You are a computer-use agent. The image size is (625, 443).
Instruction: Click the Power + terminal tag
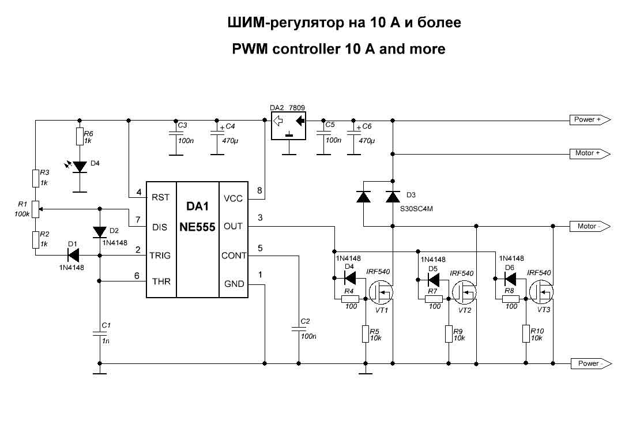coord(589,120)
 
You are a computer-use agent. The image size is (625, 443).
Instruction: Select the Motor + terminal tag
coord(589,154)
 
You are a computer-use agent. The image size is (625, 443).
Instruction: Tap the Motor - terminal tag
coord(589,226)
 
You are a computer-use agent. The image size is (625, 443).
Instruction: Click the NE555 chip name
coord(197,227)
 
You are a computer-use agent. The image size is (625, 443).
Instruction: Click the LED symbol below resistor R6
coord(80,167)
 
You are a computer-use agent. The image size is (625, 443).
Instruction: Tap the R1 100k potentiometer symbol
coord(35,208)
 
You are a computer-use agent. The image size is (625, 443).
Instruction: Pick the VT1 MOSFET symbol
coord(381,293)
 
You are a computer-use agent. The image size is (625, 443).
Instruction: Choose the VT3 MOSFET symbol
coord(541,293)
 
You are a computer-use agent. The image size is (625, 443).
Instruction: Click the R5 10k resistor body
coord(366,334)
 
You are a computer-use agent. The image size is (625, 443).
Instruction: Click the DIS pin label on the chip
coord(160,227)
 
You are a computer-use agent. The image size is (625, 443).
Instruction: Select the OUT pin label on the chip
coord(233,227)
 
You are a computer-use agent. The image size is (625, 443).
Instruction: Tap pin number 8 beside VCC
coord(259,190)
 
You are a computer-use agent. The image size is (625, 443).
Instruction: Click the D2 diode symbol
coord(100,231)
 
